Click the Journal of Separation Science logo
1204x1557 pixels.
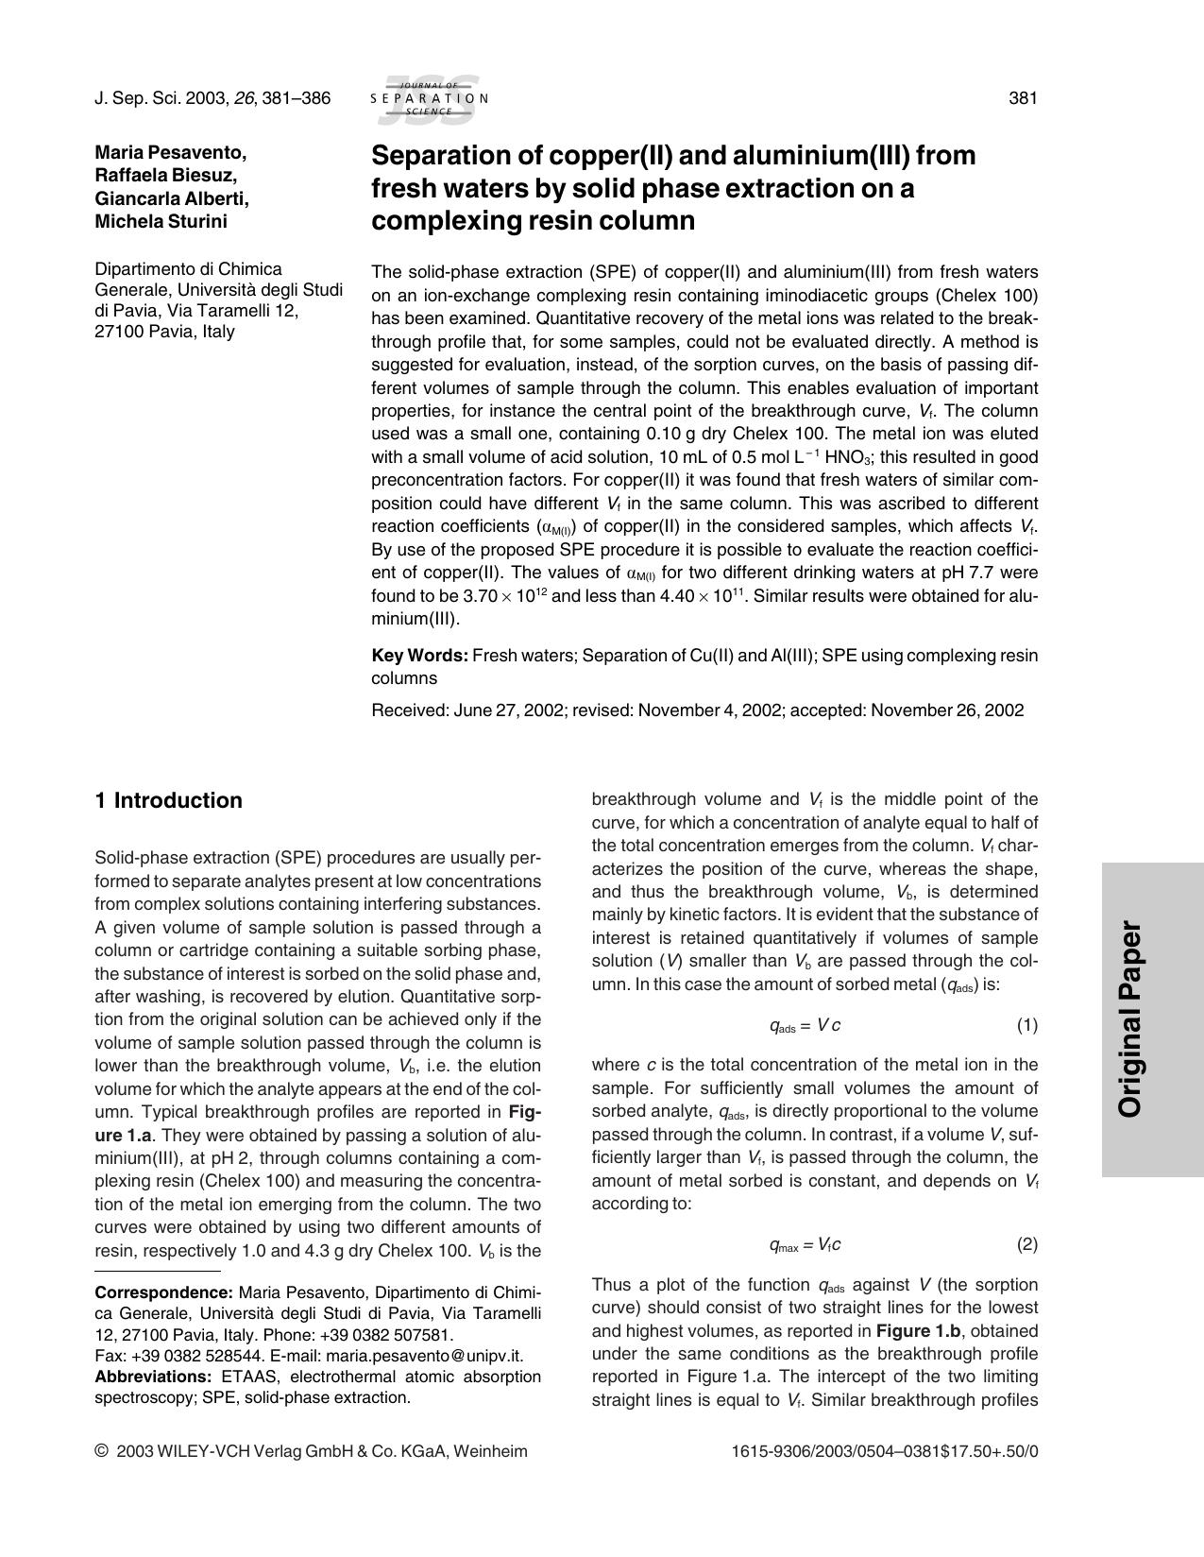(430, 98)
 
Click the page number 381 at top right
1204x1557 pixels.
(1023, 98)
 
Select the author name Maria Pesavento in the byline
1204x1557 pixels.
(171, 152)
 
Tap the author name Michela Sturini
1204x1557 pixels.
(161, 221)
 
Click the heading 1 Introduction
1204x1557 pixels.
(169, 800)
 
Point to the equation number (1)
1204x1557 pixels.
(1026, 1025)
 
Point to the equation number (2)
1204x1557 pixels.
(1026, 1244)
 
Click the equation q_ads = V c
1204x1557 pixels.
(805, 1026)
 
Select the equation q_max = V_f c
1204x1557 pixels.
(805, 1245)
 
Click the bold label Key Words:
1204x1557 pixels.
(419, 655)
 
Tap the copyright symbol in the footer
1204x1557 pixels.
(101, 1451)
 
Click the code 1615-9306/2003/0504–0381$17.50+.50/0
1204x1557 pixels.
(885, 1451)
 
